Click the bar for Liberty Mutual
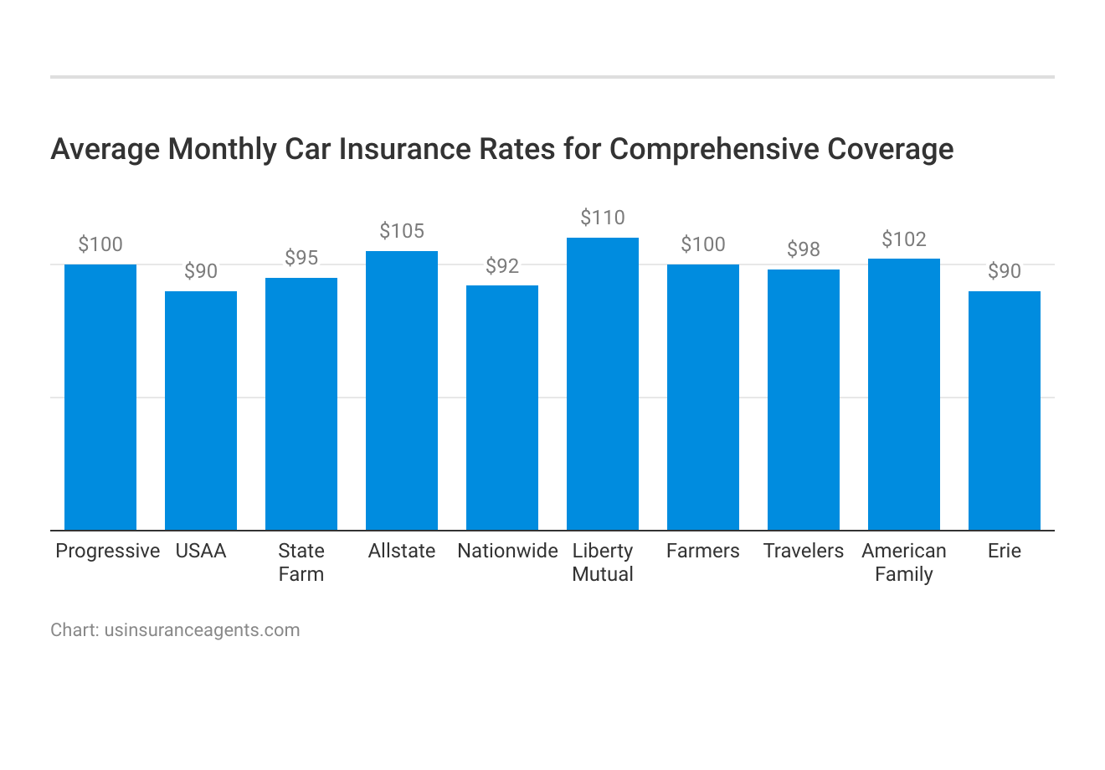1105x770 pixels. [603, 384]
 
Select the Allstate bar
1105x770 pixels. [402, 391]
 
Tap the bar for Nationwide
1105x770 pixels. [502, 408]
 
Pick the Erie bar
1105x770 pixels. [1005, 411]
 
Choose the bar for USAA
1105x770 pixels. [201, 411]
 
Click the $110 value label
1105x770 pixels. [603, 218]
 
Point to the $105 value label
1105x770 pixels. [402, 232]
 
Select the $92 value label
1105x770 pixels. [502, 266]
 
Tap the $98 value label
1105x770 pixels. [804, 250]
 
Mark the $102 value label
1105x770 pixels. [904, 240]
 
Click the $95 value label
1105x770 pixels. [301, 259]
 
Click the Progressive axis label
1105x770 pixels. [107, 551]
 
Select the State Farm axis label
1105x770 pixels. [301, 562]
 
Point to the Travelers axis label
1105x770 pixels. [804, 551]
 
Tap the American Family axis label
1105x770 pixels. [904, 562]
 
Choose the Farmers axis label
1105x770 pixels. [703, 551]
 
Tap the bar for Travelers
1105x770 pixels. [804, 400]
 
